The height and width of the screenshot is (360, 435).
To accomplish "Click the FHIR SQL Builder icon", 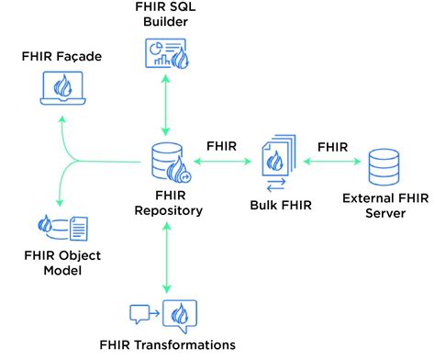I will tap(164, 53).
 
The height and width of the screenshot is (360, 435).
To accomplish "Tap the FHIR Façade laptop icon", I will tap(62, 90).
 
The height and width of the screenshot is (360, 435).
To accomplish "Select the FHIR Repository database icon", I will tap(168, 162).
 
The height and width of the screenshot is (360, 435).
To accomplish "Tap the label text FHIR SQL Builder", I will tap(165, 15).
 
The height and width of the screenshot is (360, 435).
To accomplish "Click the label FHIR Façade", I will tap(61, 57).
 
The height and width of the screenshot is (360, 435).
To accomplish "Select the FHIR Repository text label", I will tap(167, 202).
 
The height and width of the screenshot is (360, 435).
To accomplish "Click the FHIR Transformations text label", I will tap(167, 345).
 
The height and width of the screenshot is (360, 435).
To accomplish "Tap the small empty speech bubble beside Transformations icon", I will tap(139, 313).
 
